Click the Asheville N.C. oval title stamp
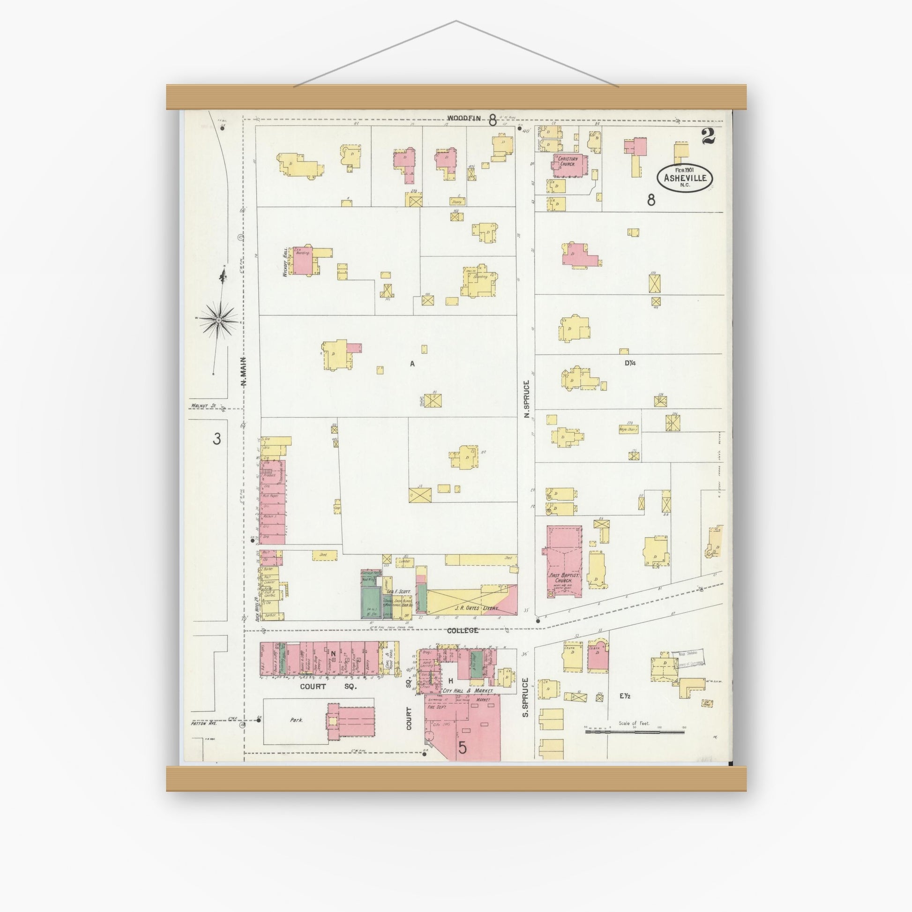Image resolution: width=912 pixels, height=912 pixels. click(x=685, y=179)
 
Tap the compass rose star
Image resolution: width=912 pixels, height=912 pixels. click(x=218, y=320)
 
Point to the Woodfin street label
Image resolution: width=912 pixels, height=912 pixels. click(x=464, y=119)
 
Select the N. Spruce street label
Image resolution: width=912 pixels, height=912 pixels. click(x=526, y=398)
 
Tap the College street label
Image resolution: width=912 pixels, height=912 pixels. click(x=462, y=630)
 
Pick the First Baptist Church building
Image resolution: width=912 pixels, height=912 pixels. click(x=564, y=562)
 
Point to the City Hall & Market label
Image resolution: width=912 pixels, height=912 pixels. click(x=468, y=691)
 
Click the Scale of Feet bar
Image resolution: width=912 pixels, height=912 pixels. click(x=635, y=732)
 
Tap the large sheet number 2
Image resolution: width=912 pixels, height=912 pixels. click(x=708, y=136)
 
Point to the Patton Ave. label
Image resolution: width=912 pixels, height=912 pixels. click(x=203, y=723)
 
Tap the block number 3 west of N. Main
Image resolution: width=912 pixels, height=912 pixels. click(x=216, y=439)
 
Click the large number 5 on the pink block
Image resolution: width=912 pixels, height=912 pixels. click(x=462, y=748)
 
